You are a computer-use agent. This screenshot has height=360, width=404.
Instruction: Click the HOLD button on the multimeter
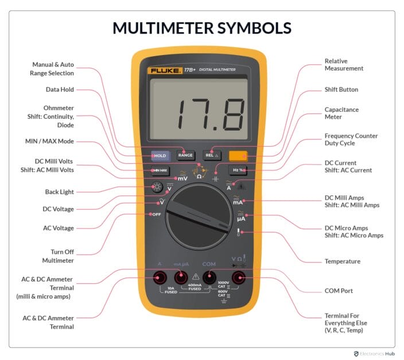pos(160,155)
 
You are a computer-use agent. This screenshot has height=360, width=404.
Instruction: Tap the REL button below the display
pos(212,155)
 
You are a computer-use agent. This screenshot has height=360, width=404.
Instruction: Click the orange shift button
pos(238,155)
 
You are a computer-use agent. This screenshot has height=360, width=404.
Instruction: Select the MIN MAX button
pos(160,170)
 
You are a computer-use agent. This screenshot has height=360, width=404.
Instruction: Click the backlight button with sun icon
pos(157,187)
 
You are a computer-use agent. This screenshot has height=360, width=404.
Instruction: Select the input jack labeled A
pos(160,277)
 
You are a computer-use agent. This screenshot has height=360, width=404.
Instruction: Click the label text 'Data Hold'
pos(60,89)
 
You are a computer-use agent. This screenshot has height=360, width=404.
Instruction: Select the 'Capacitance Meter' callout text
pos(342,112)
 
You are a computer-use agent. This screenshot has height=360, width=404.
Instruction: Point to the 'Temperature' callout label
pos(342,261)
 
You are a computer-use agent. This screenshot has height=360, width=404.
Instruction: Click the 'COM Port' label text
pos(339,291)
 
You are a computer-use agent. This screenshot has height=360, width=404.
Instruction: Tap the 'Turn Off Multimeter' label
pos(59,256)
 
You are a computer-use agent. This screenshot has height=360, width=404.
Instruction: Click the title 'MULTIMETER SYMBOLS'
pos(201,28)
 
